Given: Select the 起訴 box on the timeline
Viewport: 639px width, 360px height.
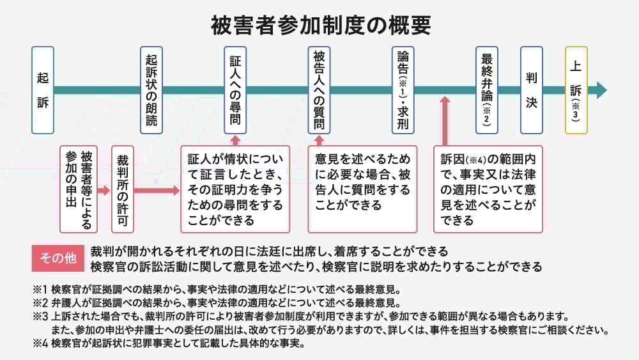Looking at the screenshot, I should coord(42,90).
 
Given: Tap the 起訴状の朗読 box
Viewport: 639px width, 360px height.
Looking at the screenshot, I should coord(151,90).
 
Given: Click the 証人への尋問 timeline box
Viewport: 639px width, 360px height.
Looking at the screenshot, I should coord(235,90).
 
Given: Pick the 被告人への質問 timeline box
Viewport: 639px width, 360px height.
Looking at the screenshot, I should coord(319,90).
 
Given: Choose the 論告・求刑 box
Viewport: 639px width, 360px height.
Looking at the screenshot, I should coord(403,90).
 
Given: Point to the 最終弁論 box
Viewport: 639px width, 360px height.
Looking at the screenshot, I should coord(487,90).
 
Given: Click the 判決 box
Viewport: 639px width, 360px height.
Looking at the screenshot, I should coord(531,90).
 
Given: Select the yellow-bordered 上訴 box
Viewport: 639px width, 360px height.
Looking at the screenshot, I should coord(576,90).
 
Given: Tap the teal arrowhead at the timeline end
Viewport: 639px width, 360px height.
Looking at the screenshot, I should coord(600,90).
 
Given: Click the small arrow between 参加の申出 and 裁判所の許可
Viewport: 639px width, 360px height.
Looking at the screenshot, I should coord(104,190).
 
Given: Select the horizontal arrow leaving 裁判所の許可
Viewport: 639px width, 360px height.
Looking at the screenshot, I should coord(156,190).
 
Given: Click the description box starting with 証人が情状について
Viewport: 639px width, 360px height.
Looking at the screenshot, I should coord(235,189).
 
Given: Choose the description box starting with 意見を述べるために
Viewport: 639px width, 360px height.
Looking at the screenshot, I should coord(362,189).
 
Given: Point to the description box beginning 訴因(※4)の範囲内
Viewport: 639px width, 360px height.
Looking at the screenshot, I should coord(488,189).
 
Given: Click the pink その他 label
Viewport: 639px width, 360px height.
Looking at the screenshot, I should coord(58,258).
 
